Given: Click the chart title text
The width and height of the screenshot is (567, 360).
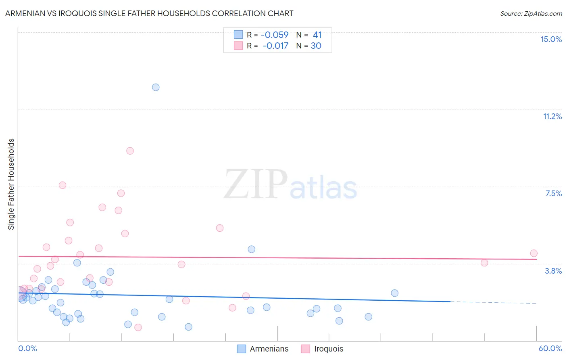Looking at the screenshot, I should click(149, 13).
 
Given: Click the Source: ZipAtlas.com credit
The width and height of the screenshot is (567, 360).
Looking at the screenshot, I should click(531, 13).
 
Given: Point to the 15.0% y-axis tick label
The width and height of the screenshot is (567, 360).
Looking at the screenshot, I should click(551, 39).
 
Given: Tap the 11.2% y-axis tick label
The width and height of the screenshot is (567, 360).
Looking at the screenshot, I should click(552, 116).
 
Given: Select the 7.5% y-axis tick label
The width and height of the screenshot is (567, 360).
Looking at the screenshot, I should click(553, 193).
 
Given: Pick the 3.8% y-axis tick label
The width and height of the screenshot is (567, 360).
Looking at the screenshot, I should click(553, 271).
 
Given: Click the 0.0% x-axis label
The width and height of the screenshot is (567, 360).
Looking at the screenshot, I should click(27, 348).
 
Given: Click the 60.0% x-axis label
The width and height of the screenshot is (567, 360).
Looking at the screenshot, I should click(550, 348).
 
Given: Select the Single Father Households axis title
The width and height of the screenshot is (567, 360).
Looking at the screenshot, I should click(11, 184).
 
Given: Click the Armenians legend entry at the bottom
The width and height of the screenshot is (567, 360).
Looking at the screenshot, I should click(269, 349).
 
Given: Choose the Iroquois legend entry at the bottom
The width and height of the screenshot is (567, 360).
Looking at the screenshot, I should click(329, 349).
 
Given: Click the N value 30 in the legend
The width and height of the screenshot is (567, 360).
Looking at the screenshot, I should click(316, 46).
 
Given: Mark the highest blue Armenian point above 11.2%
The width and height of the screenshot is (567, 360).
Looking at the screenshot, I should click(156, 87).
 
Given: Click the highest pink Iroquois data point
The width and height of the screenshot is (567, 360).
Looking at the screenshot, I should click(130, 151).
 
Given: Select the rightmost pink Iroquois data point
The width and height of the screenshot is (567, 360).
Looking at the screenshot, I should click(534, 253).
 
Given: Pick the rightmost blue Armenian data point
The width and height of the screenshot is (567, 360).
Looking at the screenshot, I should click(394, 293).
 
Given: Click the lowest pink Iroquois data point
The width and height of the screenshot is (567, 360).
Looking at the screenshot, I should click(138, 327).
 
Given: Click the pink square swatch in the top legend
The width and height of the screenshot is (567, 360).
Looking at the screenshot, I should click(238, 46).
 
